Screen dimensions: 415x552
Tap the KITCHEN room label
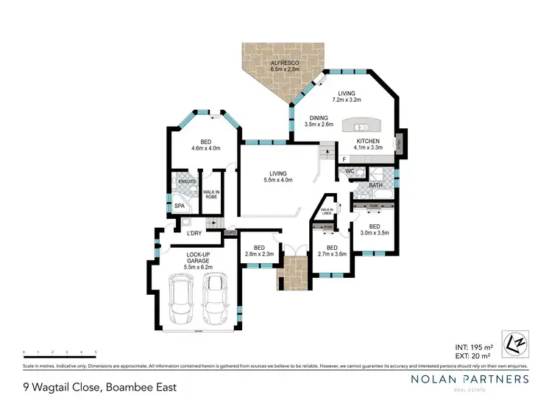[368, 140]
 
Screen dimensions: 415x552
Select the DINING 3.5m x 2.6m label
[318, 118]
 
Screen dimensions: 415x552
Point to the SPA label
[179, 206]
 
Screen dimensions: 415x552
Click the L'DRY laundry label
[195, 234]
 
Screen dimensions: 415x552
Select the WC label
[350, 172]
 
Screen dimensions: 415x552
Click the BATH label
[375, 186]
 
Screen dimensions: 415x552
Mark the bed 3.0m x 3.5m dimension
[374, 233]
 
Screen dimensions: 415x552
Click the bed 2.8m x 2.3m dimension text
[259, 254]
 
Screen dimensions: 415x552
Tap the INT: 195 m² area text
[473, 346]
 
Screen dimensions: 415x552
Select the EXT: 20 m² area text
[473, 355]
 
